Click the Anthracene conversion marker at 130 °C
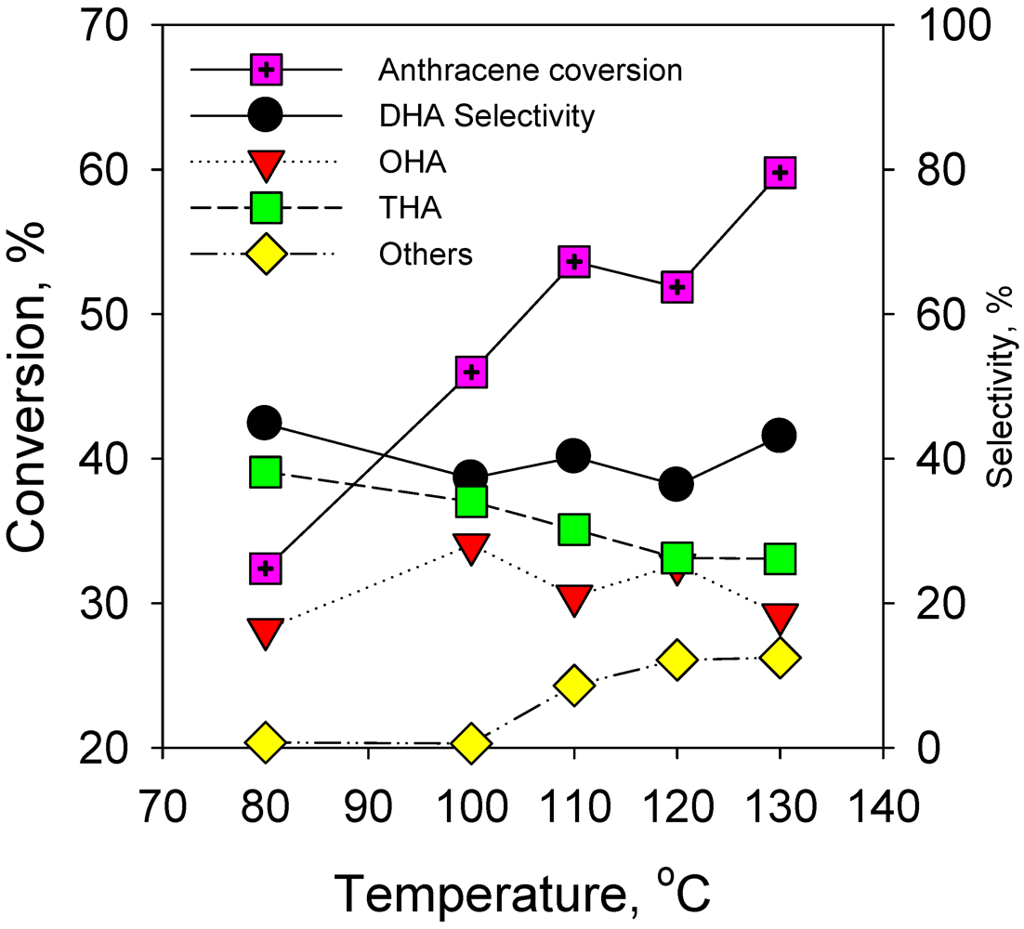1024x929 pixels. [x=780, y=172]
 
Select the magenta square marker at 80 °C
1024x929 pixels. [x=266, y=569]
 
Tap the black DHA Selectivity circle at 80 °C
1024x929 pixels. [x=266, y=423]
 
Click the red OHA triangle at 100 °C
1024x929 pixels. [x=471, y=548]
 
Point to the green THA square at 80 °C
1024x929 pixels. [x=266, y=472]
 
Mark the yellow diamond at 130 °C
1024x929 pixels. [x=780, y=658]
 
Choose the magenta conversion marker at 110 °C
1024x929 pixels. [x=573, y=262]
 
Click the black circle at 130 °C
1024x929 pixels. [x=780, y=435]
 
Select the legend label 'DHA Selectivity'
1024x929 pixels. [x=486, y=116]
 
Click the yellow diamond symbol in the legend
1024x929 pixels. [x=266, y=255]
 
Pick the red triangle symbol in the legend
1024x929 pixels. [x=266, y=164]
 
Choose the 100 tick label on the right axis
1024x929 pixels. [x=941, y=26]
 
